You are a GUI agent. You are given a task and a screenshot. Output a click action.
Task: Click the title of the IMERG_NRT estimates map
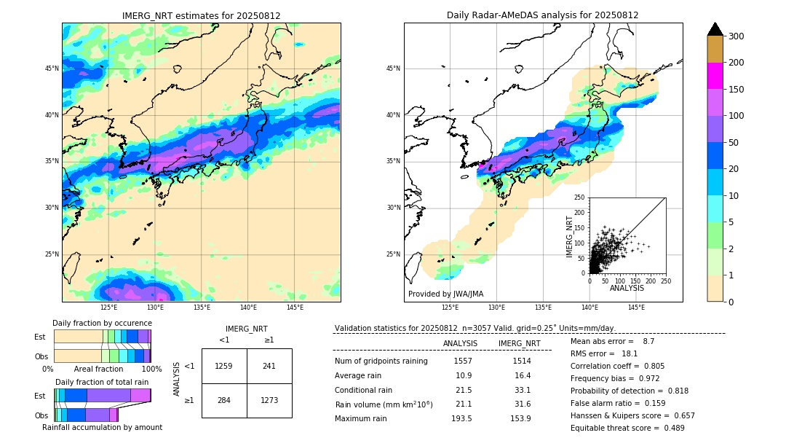pyautogui.click(x=201, y=15)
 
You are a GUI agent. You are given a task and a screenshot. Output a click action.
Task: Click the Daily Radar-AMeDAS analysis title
pyautogui.click(x=543, y=15)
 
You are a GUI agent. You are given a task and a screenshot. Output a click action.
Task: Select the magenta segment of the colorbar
pyautogui.click(x=715, y=76)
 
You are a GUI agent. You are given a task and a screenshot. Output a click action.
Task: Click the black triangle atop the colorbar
pyautogui.click(x=715, y=29)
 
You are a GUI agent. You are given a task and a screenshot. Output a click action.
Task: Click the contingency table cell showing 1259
pyautogui.click(x=224, y=366)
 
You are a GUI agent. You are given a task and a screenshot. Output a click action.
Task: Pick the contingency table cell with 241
pyautogui.click(x=269, y=366)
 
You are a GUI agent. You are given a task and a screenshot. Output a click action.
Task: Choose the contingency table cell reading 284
pyautogui.click(x=224, y=400)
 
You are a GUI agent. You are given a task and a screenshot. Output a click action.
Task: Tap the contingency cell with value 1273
pyautogui.click(x=269, y=400)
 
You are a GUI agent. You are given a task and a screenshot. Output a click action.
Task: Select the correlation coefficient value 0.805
pyautogui.click(x=654, y=366)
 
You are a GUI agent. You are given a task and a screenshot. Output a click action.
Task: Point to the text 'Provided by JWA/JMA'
pyautogui.click(x=445, y=294)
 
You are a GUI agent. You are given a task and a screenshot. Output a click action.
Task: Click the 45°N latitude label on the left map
pyautogui.click(x=52, y=69)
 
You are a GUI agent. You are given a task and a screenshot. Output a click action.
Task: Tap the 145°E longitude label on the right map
pyautogui.click(x=636, y=308)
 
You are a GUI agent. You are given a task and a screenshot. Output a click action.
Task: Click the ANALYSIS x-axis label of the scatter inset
pyautogui.click(x=627, y=288)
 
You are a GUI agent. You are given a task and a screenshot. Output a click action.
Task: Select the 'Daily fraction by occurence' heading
pyautogui.click(x=102, y=323)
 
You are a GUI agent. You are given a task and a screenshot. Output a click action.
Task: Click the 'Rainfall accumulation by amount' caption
pyautogui.click(x=102, y=427)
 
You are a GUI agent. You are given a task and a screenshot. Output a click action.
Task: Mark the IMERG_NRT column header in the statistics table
pyautogui.click(x=519, y=343)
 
